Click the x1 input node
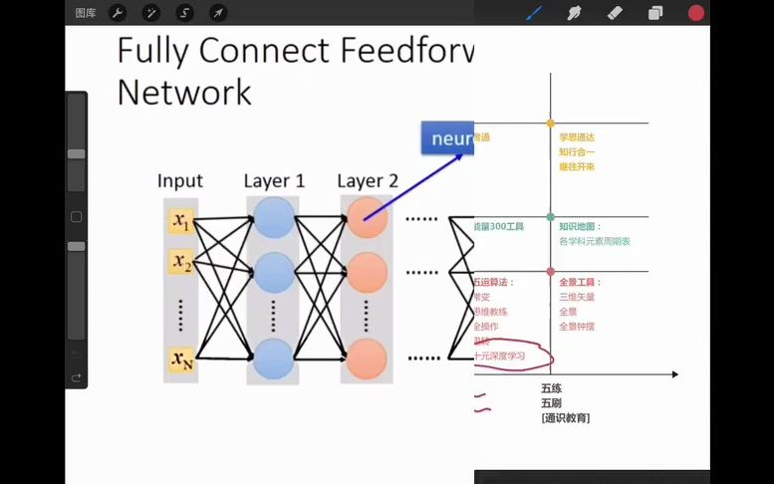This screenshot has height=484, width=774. coord(180,220)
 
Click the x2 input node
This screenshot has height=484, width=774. coord(180,264)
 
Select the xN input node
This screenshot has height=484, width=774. coord(180,359)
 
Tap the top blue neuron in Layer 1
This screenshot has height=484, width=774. coord(274,219)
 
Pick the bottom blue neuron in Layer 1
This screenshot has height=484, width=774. coord(274,358)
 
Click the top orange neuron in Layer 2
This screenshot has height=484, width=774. coord(367,219)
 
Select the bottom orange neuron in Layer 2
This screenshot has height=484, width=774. coord(367,358)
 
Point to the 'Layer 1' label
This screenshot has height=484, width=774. coord(274,181)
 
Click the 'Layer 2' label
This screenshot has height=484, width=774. coord(368,181)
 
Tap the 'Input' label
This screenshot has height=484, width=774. coord(180,181)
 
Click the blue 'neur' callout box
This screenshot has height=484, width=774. coord(447,138)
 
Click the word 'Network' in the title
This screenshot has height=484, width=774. coord(183,92)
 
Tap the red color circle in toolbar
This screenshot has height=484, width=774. coord(696,13)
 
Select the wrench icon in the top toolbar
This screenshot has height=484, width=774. coord(117,13)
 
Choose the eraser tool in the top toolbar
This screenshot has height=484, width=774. coord(614,13)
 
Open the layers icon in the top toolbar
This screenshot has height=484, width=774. coord(655,13)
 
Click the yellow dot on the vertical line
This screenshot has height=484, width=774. coord(550,122)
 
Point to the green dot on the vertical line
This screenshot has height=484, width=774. coord(550,216)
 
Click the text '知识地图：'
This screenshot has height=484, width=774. coord(580,227)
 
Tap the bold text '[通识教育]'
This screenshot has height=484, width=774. coord(566,418)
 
